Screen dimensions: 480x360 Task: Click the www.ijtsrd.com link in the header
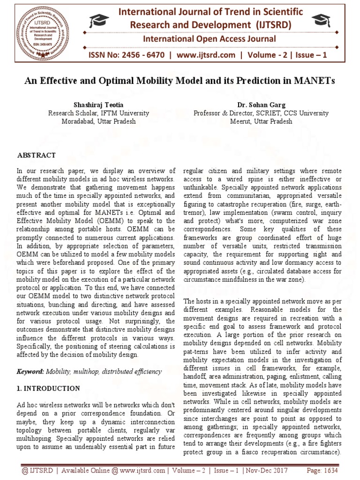point(200,55)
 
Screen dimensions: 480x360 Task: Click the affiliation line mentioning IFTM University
point(99,113)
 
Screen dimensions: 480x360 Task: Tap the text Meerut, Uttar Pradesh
point(261,121)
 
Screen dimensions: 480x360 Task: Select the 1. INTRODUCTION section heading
point(48,388)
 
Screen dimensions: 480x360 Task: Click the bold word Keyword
point(30,371)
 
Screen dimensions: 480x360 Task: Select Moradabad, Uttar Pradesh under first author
point(99,121)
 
